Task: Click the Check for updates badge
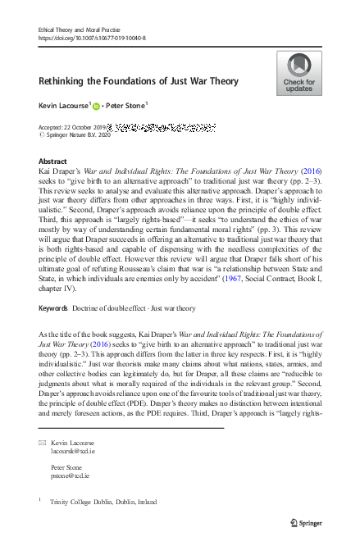pyautogui.click(x=298, y=73)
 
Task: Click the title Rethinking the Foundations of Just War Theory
pyautogui.click(x=139, y=81)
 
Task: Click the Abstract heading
pyautogui.click(x=52, y=162)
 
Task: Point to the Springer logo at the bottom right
pyautogui.click(x=308, y=522)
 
